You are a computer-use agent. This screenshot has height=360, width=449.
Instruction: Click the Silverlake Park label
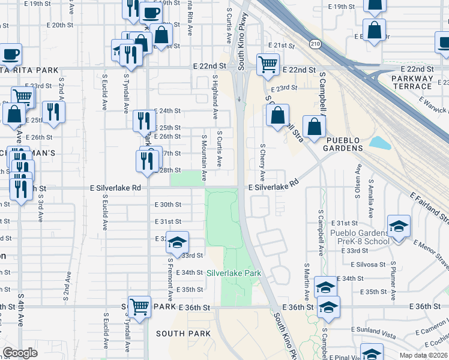(234, 273)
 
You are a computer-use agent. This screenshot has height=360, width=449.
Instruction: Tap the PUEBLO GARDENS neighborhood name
(343, 148)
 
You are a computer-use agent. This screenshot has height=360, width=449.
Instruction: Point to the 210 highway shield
(315, 44)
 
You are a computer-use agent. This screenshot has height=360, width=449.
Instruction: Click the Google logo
(20, 352)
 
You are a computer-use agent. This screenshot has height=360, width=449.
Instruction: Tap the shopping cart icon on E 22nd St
(268, 65)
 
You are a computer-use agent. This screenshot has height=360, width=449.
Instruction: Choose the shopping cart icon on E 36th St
(140, 307)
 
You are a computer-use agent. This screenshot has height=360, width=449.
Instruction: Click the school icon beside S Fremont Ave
(177, 242)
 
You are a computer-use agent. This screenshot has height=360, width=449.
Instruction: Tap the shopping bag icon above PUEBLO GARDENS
(314, 127)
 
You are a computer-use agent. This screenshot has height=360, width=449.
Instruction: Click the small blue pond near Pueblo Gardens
(379, 143)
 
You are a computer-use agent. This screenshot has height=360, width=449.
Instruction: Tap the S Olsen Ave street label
(358, 187)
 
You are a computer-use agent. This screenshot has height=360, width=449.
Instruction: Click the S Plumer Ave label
(394, 280)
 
